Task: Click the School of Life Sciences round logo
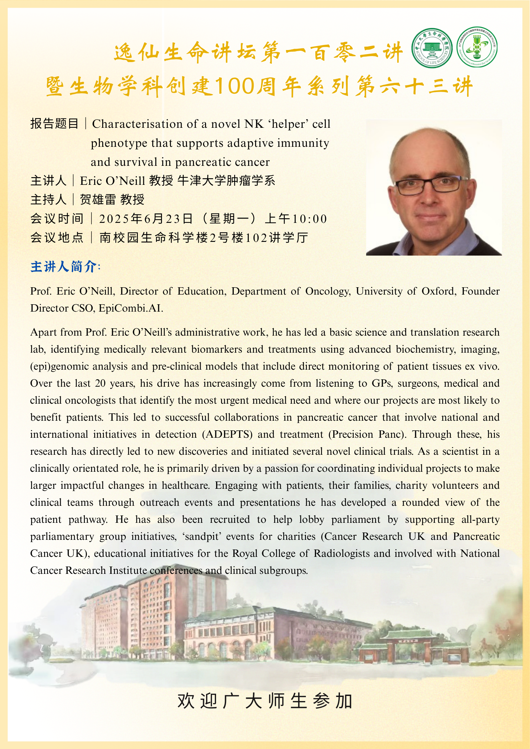click(432, 48)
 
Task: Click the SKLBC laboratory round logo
click(477, 47)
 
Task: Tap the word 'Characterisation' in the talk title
click(138, 124)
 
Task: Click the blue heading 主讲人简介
click(63, 267)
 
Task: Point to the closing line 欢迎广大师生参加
click(265, 701)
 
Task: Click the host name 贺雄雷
click(98, 200)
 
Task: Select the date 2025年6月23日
click(146, 219)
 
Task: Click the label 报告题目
click(54, 124)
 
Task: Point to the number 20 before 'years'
click(100, 383)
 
